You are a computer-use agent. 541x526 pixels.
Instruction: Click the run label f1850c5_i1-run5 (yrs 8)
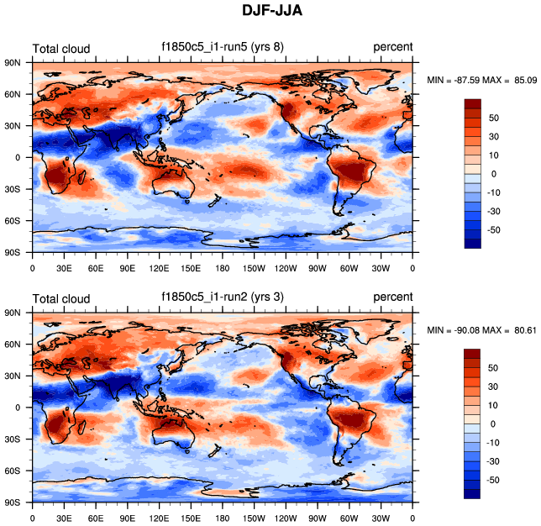point(223,47)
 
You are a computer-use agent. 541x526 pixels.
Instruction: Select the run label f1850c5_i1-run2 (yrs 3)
point(223,297)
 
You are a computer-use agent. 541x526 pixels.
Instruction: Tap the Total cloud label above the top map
point(60,49)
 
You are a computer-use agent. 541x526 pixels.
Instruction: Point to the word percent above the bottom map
point(393,297)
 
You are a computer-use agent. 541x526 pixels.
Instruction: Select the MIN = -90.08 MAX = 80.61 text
point(480,330)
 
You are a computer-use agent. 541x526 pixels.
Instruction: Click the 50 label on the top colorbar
point(494,118)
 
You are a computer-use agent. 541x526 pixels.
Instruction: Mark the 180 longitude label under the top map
point(223,269)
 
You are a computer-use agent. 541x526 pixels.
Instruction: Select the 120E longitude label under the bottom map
point(159,518)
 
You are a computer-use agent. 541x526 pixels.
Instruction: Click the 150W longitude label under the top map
point(254,269)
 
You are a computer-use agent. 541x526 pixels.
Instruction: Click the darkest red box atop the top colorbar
point(473,103)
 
